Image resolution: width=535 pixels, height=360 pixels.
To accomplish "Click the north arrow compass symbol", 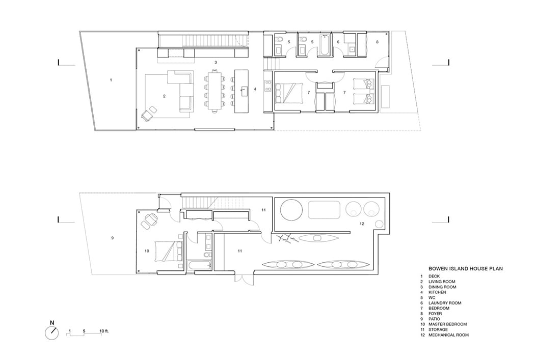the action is coord(52,333).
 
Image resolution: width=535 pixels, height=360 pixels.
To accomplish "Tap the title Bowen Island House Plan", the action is coord(465,269).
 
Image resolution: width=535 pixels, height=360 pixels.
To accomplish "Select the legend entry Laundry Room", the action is coord(445,303).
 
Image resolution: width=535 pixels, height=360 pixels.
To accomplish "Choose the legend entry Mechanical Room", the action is coord(448,335).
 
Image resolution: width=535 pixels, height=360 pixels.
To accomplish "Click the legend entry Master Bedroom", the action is coord(447,324).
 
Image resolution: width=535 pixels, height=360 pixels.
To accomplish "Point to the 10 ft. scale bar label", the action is coord(104,331).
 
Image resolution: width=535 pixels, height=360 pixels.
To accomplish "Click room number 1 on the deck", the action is coord(111,80).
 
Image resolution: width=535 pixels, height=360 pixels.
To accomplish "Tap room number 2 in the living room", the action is coord(164,96).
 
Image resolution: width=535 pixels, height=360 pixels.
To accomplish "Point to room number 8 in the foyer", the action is coord(377,42).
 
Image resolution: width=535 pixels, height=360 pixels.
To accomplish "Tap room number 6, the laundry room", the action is coord(338,42).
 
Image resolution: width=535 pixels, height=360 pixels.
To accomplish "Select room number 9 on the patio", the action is coord(112,238).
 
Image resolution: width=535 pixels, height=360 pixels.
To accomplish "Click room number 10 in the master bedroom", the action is coord(147,251).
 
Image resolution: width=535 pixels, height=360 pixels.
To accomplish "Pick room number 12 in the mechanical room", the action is coord(362,224).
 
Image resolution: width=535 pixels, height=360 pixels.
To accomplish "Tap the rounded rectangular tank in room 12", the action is coord(325,210).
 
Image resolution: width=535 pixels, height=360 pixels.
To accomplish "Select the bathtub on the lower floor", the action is coord(199,265).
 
